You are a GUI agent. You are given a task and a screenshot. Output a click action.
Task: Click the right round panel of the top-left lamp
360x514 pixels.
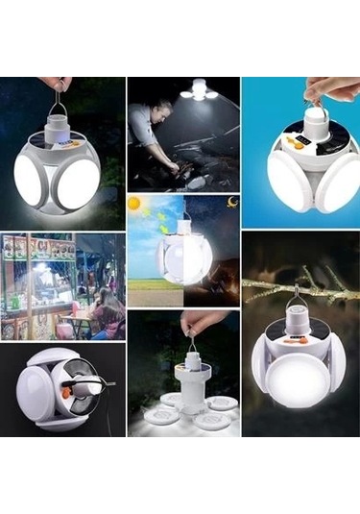point(80,183)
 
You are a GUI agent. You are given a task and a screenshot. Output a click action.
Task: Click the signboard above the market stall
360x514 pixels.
point(38,247)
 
